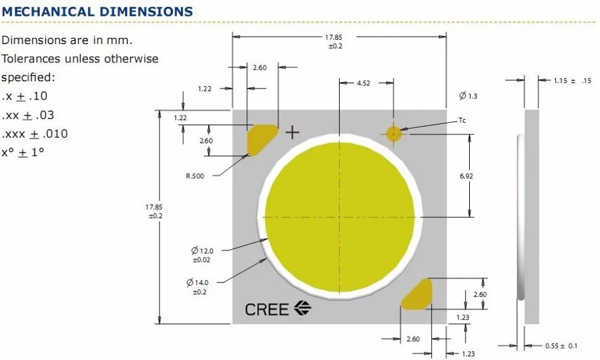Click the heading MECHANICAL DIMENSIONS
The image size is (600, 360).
click(97, 11)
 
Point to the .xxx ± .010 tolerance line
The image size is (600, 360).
click(35, 133)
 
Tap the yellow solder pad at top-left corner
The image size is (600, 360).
click(260, 138)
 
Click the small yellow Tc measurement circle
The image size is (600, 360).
click(394, 133)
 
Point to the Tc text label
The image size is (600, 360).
click(462, 120)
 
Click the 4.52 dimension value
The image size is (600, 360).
click(364, 83)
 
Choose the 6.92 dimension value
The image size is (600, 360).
click(466, 176)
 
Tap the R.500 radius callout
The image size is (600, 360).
click(195, 176)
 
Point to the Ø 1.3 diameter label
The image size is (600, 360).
click(469, 96)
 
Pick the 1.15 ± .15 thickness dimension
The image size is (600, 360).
click(572, 81)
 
